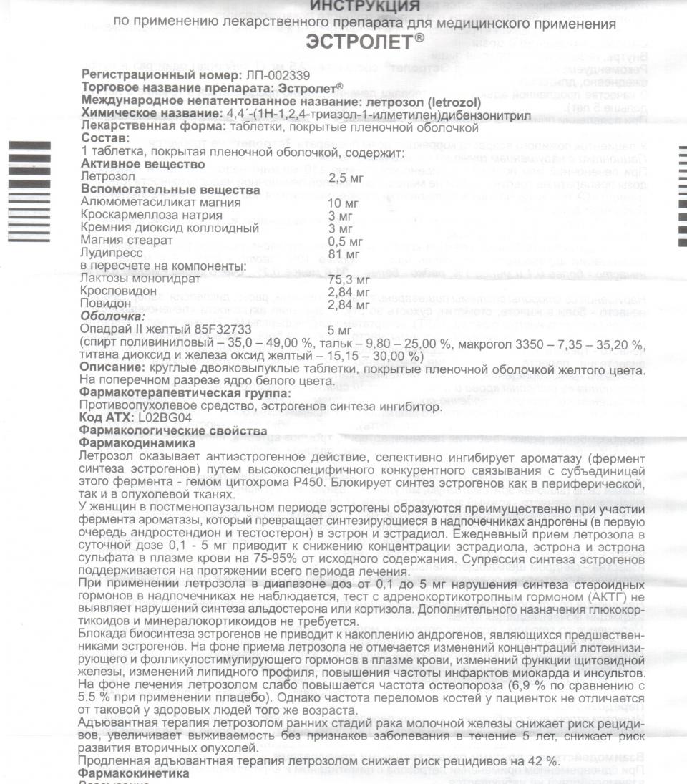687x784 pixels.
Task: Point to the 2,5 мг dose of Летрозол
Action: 343,177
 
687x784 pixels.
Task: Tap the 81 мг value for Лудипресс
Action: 339,254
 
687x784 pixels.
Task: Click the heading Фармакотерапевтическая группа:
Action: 186,393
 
